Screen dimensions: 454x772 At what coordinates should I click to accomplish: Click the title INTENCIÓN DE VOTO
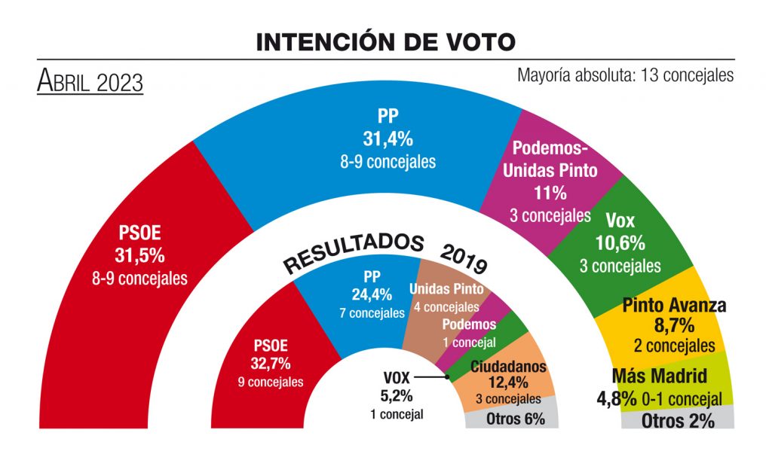pyautogui.click(x=385, y=41)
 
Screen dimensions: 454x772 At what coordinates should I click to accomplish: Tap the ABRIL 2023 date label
pyautogui.click(x=90, y=81)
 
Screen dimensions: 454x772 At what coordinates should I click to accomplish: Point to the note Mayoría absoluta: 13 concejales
pyautogui.click(x=625, y=75)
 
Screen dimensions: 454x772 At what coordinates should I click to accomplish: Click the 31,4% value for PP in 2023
pyautogui.click(x=388, y=138)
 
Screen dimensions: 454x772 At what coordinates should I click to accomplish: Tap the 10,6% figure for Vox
pyautogui.click(x=620, y=243)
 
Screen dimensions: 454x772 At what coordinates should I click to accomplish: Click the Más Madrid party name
pyautogui.click(x=660, y=376)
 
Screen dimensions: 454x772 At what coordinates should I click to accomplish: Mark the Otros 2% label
pyautogui.click(x=677, y=421)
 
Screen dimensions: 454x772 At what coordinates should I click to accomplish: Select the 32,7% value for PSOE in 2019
pyautogui.click(x=270, y=364)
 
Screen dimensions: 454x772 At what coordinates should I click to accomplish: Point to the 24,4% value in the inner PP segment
pyautogui.click(x=370, y=293)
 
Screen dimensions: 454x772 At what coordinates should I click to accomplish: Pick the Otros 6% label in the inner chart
pyautogui.click(x=516, y=419)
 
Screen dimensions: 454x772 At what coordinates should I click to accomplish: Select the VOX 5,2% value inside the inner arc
pyautogui.click(x=397, y=394)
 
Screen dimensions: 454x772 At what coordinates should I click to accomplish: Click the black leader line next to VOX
pyautogui.click(x=431, y=376)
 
